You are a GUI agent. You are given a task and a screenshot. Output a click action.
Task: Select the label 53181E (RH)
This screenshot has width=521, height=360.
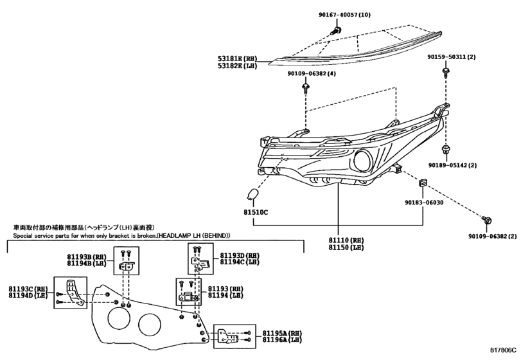[x=238, y=59]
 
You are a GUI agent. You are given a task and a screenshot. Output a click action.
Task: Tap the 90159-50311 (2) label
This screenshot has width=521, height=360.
[x=451, y=57]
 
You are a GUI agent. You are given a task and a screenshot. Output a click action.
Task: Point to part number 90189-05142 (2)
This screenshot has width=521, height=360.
[x=452, y=165]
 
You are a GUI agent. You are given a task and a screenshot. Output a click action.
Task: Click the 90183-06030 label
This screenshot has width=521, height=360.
[x=424, y=202]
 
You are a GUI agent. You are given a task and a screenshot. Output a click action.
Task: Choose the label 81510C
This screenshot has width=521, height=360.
[x=256, y=212]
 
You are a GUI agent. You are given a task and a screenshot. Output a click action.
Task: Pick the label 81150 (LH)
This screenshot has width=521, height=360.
[x=346, y=248]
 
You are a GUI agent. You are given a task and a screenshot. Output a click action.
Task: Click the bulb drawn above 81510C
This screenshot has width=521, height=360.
[x=254, y=194]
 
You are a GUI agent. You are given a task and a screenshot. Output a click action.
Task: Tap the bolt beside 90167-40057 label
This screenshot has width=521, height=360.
[x=335, y=31]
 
